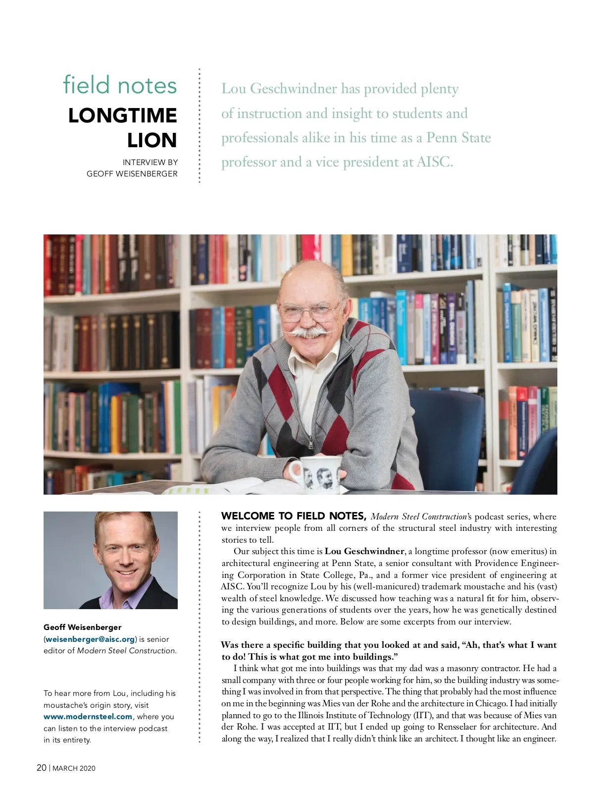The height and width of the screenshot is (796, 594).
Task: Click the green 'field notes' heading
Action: click(120, 85)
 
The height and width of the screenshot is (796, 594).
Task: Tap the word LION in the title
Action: click(151, 140)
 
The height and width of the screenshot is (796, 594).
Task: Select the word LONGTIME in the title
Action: click(122, 115)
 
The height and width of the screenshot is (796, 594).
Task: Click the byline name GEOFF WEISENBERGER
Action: click(132, 173)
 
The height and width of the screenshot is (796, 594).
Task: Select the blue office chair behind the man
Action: click(448, 431)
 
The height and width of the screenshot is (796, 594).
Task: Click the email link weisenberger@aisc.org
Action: click(90, 639)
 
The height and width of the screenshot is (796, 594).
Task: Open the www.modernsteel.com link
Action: click(88, 716)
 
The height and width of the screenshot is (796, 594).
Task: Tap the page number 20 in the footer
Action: click(42, 768)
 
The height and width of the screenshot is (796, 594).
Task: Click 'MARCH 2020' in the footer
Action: click(74, 768)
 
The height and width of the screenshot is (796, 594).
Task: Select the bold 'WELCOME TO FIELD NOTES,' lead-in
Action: click(294, 516)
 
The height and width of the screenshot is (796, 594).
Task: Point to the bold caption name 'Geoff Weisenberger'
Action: click(82, 627)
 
